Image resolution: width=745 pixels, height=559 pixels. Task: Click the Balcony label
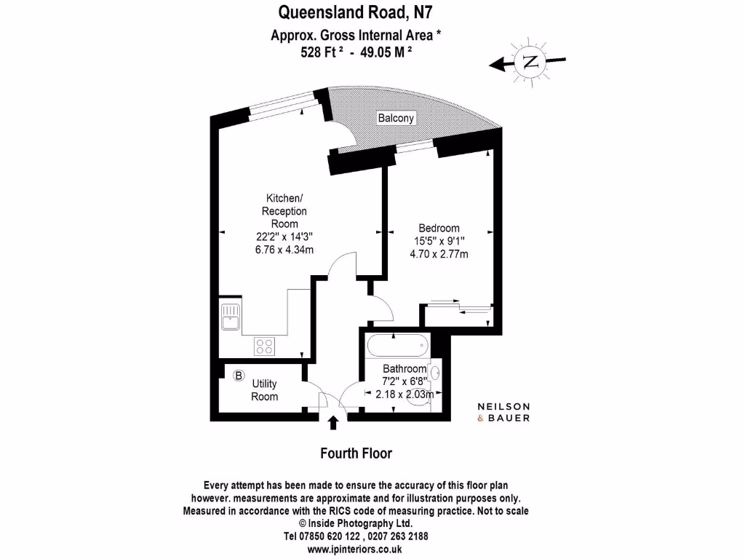click(396, 118)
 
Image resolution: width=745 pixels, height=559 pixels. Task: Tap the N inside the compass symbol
click(530, 62)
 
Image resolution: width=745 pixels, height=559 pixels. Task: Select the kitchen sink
click(231, 317)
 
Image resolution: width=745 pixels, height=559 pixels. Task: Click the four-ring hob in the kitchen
click(264, 346)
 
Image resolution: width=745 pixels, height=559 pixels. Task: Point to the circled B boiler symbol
click(239, 376)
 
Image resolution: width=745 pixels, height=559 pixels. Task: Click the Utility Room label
click(265, 390)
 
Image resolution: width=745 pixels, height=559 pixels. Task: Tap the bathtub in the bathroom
click(398, 345)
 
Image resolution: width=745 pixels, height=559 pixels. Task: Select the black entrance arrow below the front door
click(333, 423)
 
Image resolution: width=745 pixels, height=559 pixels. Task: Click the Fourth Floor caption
click(356, 453)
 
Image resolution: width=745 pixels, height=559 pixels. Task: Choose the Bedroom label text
click(439, 228)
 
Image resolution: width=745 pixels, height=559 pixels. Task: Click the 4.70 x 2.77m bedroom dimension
click(439, 254)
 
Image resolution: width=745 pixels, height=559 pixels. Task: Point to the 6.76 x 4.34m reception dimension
click(284, 250)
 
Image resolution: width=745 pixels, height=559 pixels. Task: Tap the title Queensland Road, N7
click(355, 12)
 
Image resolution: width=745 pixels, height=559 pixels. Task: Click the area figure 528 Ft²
click(322, 52)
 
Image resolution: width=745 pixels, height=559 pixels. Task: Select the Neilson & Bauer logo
click(503, 412)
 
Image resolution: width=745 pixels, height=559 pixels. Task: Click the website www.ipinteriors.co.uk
click(354, 550)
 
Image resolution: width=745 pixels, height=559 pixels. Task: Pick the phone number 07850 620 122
click(328, 536)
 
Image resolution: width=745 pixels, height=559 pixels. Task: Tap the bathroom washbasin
click(435, 372)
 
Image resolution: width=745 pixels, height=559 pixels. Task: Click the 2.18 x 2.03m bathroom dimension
click(405, 394)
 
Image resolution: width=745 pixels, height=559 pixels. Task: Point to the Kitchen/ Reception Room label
click(284, 210)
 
